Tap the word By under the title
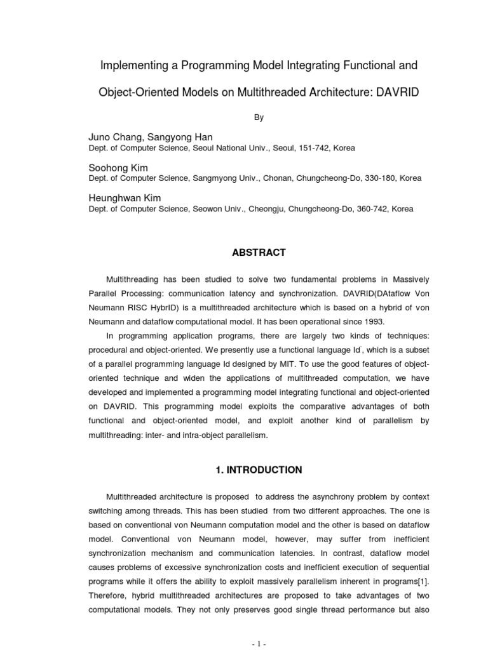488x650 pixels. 259,117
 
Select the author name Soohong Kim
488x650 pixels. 118,168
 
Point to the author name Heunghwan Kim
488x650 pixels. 125,198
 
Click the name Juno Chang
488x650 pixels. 116,137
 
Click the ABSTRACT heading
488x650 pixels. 259,253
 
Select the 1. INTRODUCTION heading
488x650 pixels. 259,470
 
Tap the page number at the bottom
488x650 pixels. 259,644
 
